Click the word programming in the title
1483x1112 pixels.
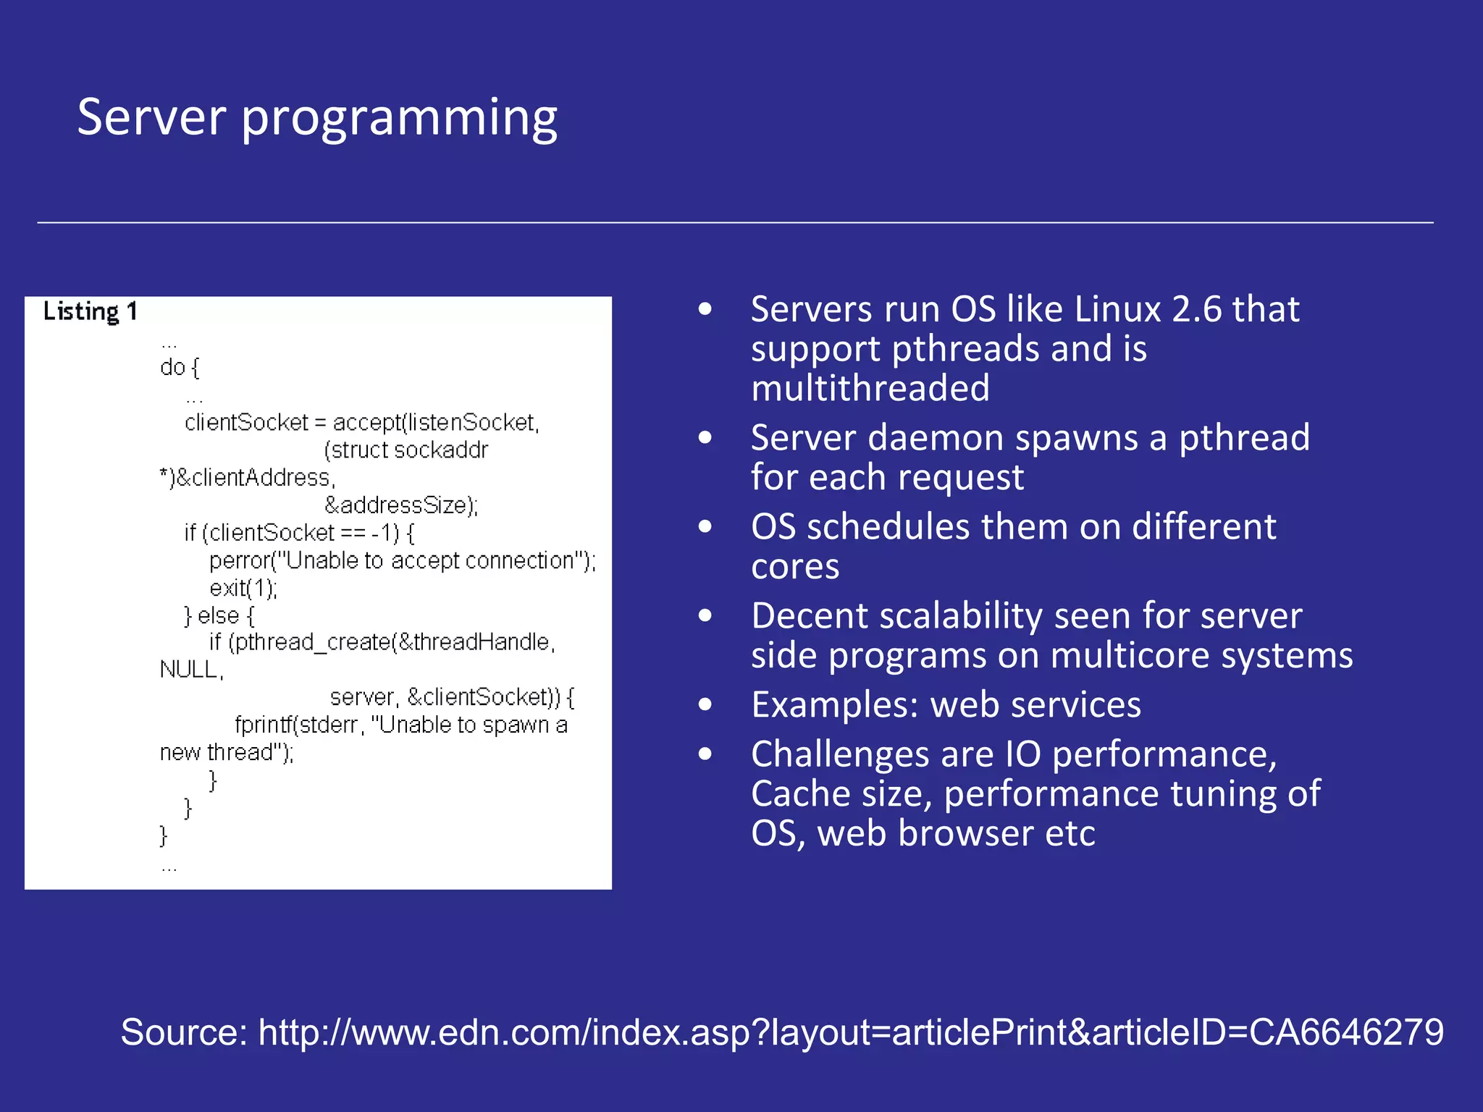tap(399, 119)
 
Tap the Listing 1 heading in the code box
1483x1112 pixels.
tap(90, 311)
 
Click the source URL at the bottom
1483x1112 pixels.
tap(851, 1032)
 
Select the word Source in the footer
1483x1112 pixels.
tap(183, 1032)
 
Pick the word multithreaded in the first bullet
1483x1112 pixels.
tap(870, 388)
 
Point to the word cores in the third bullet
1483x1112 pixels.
tap(795, 566)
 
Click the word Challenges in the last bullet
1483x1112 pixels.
tap(840, 754)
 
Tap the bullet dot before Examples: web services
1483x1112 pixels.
tap(705, 705)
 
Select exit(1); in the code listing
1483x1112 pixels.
tap(243, 588)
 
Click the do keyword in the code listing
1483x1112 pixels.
tap(172, 367)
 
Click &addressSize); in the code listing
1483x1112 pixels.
tap(401, 505)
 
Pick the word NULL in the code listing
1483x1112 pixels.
tap(188, 670)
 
